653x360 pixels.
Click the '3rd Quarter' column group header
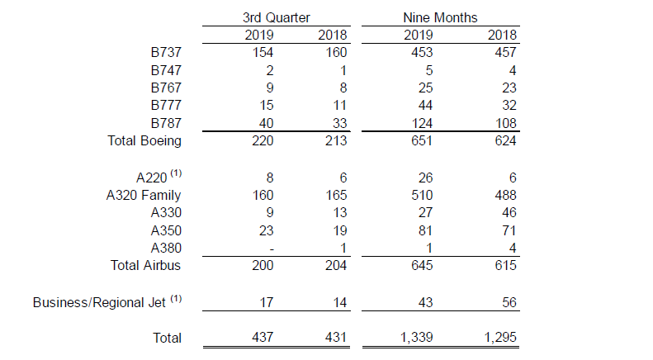coord(277,17)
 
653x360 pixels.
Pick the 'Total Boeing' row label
coord(144,140)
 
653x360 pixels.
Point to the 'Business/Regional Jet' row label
coord(102,302)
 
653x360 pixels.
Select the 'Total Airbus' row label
coord(146,265)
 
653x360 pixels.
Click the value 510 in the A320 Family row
coord(420,195)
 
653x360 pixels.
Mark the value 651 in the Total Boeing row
coord(420,140)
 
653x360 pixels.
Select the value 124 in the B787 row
coord(420,123)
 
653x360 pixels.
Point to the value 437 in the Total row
coord(262,338)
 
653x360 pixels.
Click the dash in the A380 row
coord(269,248)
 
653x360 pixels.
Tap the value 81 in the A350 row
coord(424,230)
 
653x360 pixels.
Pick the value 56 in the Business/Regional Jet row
coord(508,302)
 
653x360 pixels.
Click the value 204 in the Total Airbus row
coord(337,265)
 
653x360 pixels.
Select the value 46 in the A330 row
coord(508,212)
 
